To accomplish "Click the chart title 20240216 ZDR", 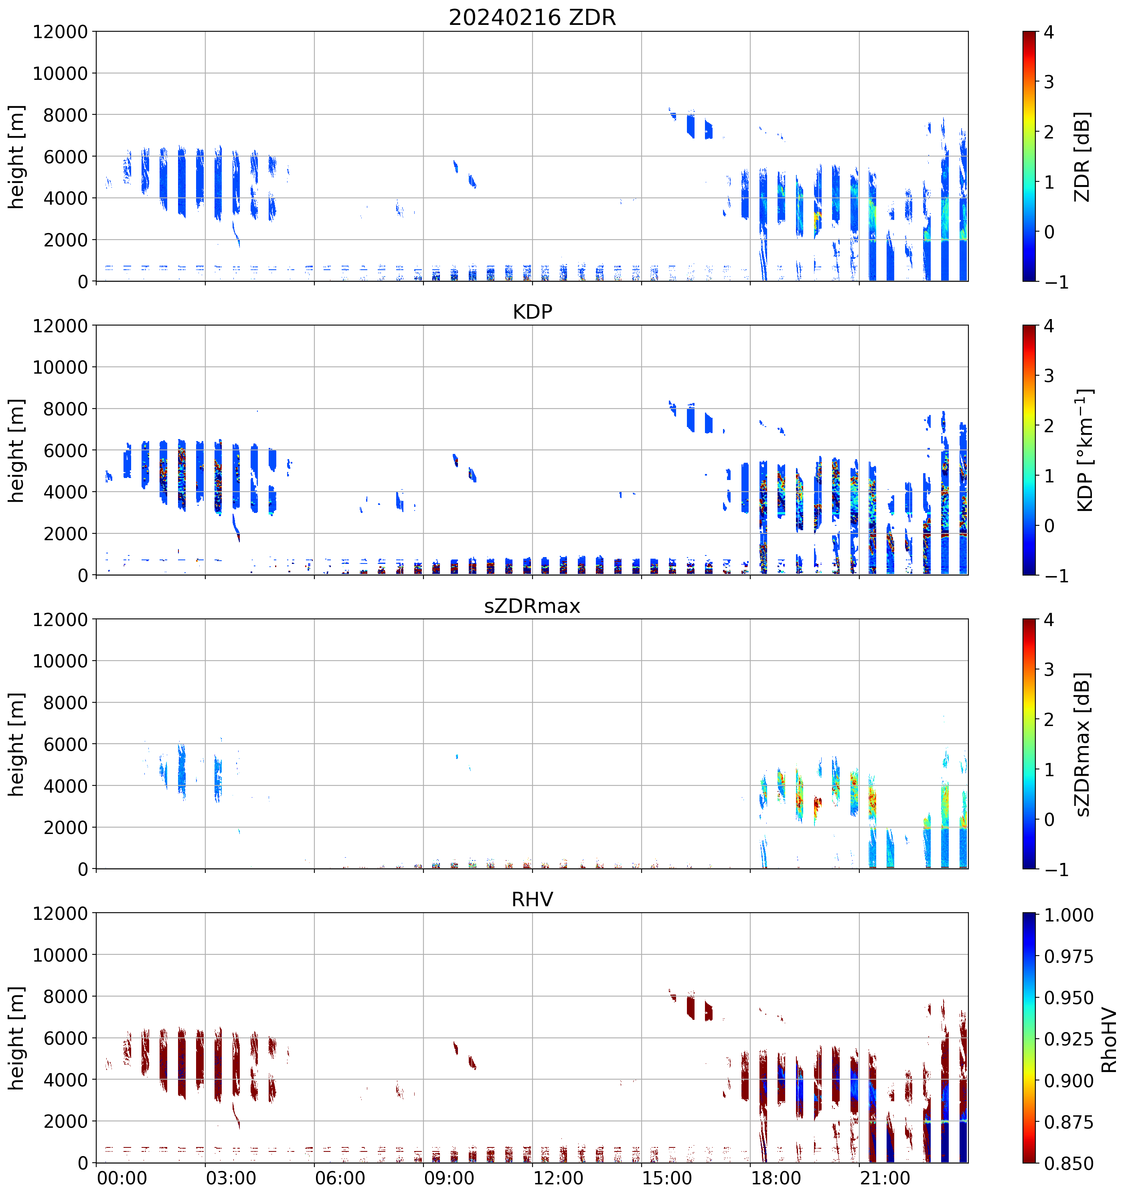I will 532,17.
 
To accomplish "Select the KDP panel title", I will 532,311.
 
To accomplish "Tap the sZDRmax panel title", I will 532,606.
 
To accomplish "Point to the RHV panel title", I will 532,899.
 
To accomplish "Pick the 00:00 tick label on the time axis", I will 122,1178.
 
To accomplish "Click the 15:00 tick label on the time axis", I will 667,1178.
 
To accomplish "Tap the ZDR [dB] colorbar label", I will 1082,157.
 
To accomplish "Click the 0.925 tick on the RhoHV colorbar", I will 1068,1039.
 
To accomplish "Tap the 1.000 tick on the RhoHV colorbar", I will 1068,915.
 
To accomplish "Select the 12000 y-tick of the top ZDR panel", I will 60,32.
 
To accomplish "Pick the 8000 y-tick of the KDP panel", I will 65,409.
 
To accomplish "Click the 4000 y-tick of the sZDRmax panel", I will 65,786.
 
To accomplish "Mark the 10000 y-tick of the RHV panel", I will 60,955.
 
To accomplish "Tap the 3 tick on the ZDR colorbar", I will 1049,82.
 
